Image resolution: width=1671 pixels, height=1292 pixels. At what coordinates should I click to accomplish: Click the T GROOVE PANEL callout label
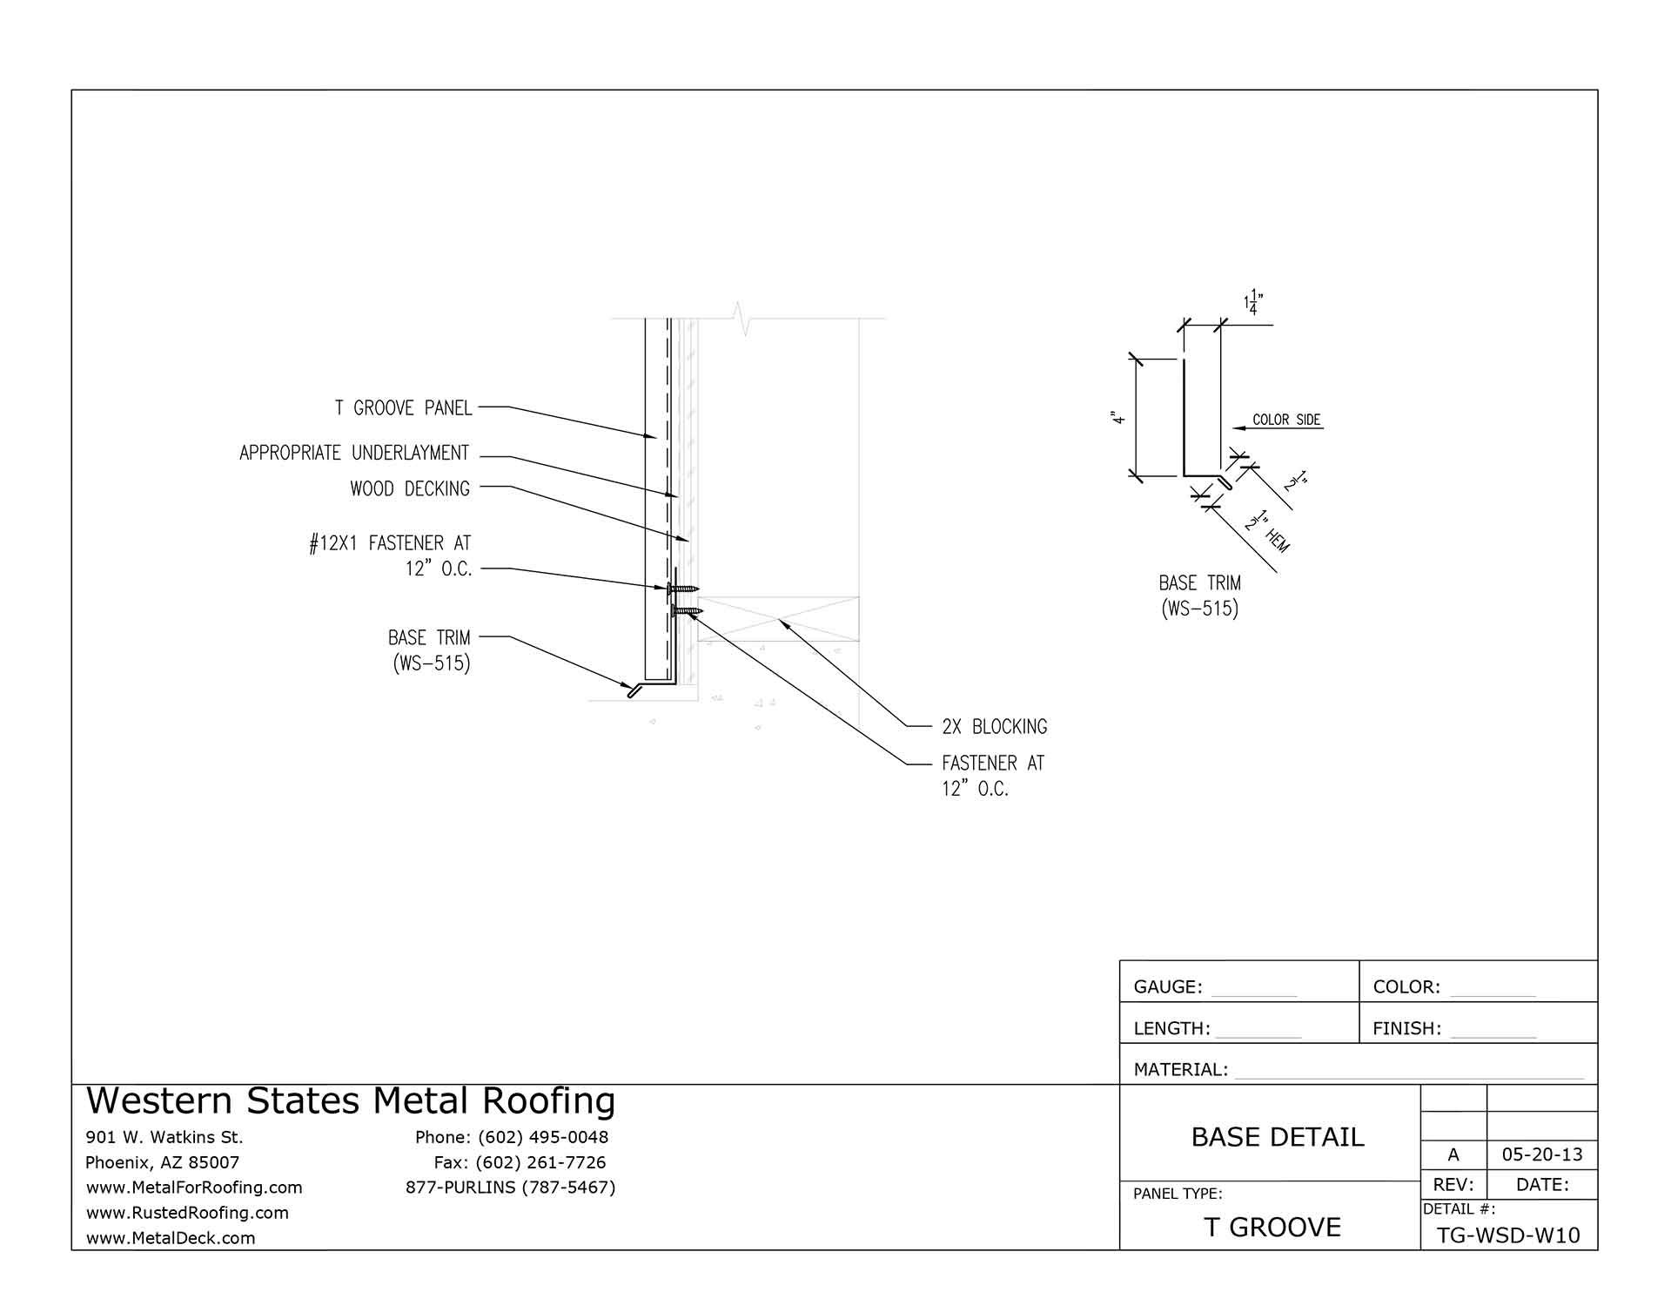(x=403, y=407)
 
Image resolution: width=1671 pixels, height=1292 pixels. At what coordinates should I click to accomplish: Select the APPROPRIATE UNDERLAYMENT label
(x=354, y=453)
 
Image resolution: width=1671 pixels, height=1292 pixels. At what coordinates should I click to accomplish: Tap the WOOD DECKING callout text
(x=410, y=489)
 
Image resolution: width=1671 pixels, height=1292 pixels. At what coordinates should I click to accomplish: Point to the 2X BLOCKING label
(x=994, y=726)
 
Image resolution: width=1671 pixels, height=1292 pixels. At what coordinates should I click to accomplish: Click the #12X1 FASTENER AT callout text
(x=390, y=544)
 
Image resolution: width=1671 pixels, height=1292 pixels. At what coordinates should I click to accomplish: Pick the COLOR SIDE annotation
(x=1286, y=420)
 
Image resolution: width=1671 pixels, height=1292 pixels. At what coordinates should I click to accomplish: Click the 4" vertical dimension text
(x=1119, y=419)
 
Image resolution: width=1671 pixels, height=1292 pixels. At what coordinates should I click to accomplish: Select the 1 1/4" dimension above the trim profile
(x=1252, y=301)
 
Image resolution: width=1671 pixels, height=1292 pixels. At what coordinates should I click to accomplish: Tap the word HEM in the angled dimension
(x=1278, y=541)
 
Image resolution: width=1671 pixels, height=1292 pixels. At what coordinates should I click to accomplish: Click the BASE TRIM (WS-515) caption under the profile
(x=1199, y=596)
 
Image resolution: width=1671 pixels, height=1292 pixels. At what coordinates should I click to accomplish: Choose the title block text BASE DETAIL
(x=1277, y=1137)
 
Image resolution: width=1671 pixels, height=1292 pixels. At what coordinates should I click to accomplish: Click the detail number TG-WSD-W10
(x=1508, y=1235)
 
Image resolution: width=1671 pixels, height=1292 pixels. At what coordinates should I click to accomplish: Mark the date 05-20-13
(x=1542, y=1154)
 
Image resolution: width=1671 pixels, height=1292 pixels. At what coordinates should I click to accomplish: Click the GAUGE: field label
(x=1168, y=987)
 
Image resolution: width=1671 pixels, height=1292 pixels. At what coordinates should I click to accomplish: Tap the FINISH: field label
(x=1406, y=1028)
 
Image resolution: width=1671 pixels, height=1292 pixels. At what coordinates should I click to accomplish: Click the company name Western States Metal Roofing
(x=351, y=1100)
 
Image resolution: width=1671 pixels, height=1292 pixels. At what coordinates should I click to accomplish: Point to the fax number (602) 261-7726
(x=540, y=1162)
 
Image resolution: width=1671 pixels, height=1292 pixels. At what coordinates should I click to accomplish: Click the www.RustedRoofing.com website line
(x=187, y=1212)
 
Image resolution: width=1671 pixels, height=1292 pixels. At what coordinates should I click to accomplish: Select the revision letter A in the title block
(x=1453, y=1154)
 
